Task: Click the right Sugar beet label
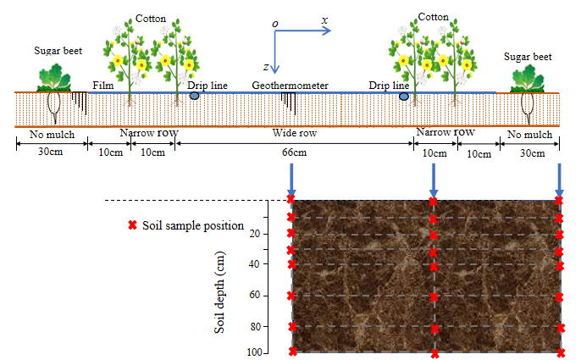528,57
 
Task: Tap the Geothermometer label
290,86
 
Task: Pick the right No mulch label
529,134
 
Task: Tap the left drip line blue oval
195,97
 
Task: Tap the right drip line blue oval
404,97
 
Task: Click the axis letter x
324,19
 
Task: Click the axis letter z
266,66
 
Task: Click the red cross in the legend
131,226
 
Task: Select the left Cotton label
150,18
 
